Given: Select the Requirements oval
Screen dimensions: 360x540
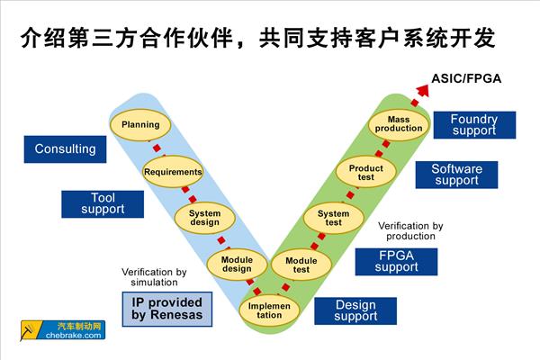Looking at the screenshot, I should tap(173, 172).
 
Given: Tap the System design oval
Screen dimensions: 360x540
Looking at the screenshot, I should tap(204, 218).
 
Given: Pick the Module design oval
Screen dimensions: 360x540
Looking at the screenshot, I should tap(237, 263).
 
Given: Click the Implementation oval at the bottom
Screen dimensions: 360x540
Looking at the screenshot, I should tap(269, 310).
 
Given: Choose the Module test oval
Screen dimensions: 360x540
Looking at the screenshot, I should tap(301, 264).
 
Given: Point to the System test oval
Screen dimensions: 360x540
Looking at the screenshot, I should tap(334, 217).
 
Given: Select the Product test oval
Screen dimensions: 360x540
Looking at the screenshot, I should tap(366, 172).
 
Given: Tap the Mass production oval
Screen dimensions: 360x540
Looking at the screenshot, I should tap(399, 123).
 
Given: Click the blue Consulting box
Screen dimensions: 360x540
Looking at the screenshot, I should tap(65, 148).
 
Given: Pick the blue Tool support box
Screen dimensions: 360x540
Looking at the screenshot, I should tap(103, 203).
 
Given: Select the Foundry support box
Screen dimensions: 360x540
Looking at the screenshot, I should tap(473, 125).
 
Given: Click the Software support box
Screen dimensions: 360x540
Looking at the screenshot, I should tap(456, 175).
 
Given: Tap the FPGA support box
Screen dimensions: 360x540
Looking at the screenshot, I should tap(396, 261).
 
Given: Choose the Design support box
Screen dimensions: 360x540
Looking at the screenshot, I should tap(355, 310).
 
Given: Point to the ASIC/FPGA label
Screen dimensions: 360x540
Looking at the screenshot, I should tap(467, 78).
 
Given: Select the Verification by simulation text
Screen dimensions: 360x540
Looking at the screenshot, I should tap(154, 277).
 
